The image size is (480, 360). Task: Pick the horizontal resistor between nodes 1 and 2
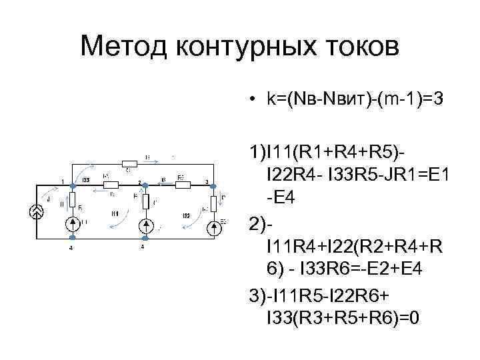coord(110,185)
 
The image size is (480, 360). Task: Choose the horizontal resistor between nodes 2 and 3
coord(181,185)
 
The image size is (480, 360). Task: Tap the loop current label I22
coord(187,215)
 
